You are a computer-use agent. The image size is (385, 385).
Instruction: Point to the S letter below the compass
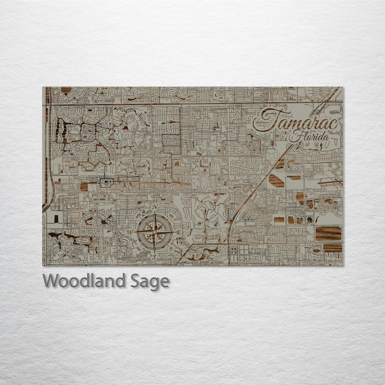pos(154,257)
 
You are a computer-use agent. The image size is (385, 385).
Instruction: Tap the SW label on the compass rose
pos(138,248)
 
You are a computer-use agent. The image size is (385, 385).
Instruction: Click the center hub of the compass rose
pos(154,232)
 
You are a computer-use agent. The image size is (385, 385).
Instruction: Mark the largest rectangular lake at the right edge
pos(328,234)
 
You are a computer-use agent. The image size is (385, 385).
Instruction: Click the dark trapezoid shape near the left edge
pos(56,219)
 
